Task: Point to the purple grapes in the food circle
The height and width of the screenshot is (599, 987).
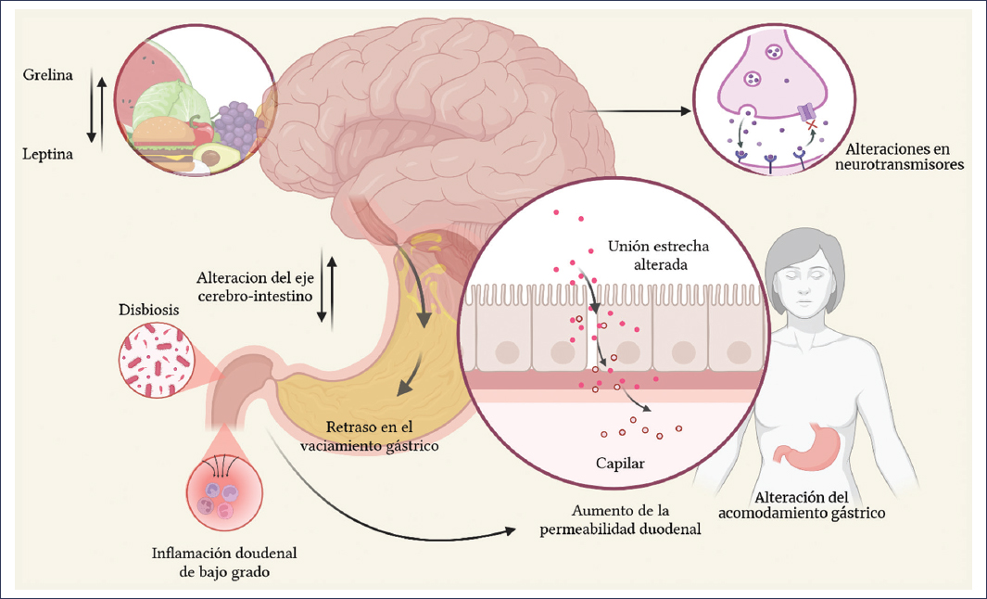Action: click(237, 125)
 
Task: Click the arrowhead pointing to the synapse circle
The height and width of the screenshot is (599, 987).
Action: click(687, 111)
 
